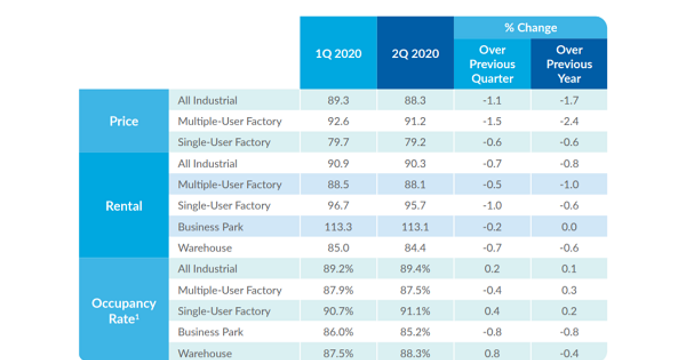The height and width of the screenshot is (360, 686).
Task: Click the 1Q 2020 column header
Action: pyautogui.click(x=338, y=54)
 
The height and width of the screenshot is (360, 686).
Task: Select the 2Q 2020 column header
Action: pyautogui.click(x=416, y=54)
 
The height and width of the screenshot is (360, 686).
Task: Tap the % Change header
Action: pyautogui.click(x=530, y=27)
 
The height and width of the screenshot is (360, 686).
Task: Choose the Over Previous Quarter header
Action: pyautogui.click(x=493, y=65)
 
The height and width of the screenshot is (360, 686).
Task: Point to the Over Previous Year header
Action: pyautogui.click(x=569, y=65)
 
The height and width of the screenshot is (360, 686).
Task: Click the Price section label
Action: pyautogui.click(x=124, y=121)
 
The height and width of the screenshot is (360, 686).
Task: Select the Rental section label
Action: pyautogui.click(x=124, y=206)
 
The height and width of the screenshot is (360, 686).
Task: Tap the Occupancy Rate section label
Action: pyautogui.click(x=124, y=310)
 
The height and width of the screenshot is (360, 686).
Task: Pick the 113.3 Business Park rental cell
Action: pyautogui.click(x=338, y=227)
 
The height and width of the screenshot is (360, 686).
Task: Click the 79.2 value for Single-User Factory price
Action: pyautogui.click(x=416, y=142)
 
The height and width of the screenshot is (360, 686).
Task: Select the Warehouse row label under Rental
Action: pyautogui.click(x=205, y=248)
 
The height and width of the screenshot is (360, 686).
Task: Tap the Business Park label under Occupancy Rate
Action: pyautogui.click(x=210, y=332)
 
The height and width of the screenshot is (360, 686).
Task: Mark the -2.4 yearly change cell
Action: pyautogui.click(x=569, y=121)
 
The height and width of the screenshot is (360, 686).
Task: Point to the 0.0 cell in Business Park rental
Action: pyautogui.click(x=569, y=227)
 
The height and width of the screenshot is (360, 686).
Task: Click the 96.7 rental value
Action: pyautogui.click(x=338, y=206)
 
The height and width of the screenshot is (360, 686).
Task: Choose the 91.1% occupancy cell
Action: pyautogui.click(x=416, y=311)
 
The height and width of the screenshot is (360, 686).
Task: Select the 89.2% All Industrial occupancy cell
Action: pyautogui.click(x=338, y=269)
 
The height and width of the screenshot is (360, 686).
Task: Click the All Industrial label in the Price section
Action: pyautogui.click(x=207, y=101)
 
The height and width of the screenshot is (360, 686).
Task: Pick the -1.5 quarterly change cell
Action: pyautogui.click(x=493, y=121)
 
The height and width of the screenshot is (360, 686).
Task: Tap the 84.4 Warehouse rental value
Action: pyautogui.click(x=416, y=248)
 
